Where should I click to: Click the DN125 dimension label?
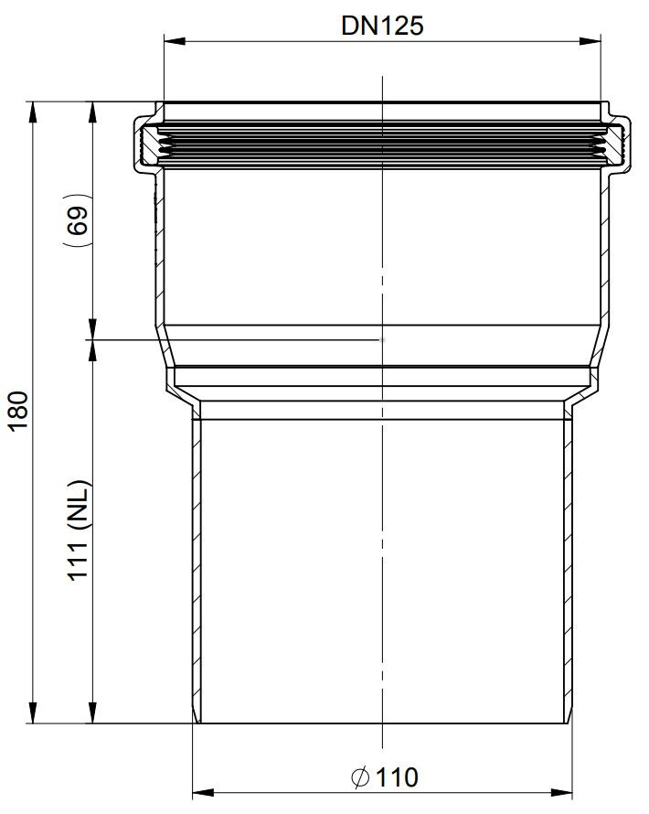382,26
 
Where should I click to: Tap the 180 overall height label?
18,411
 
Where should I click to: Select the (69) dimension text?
78,220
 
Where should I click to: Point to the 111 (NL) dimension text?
79,530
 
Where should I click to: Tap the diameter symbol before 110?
360,777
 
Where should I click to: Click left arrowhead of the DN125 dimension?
175,41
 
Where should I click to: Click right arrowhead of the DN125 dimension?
590,41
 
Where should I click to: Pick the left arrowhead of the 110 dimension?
203,793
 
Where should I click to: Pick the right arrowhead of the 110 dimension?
561,793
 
